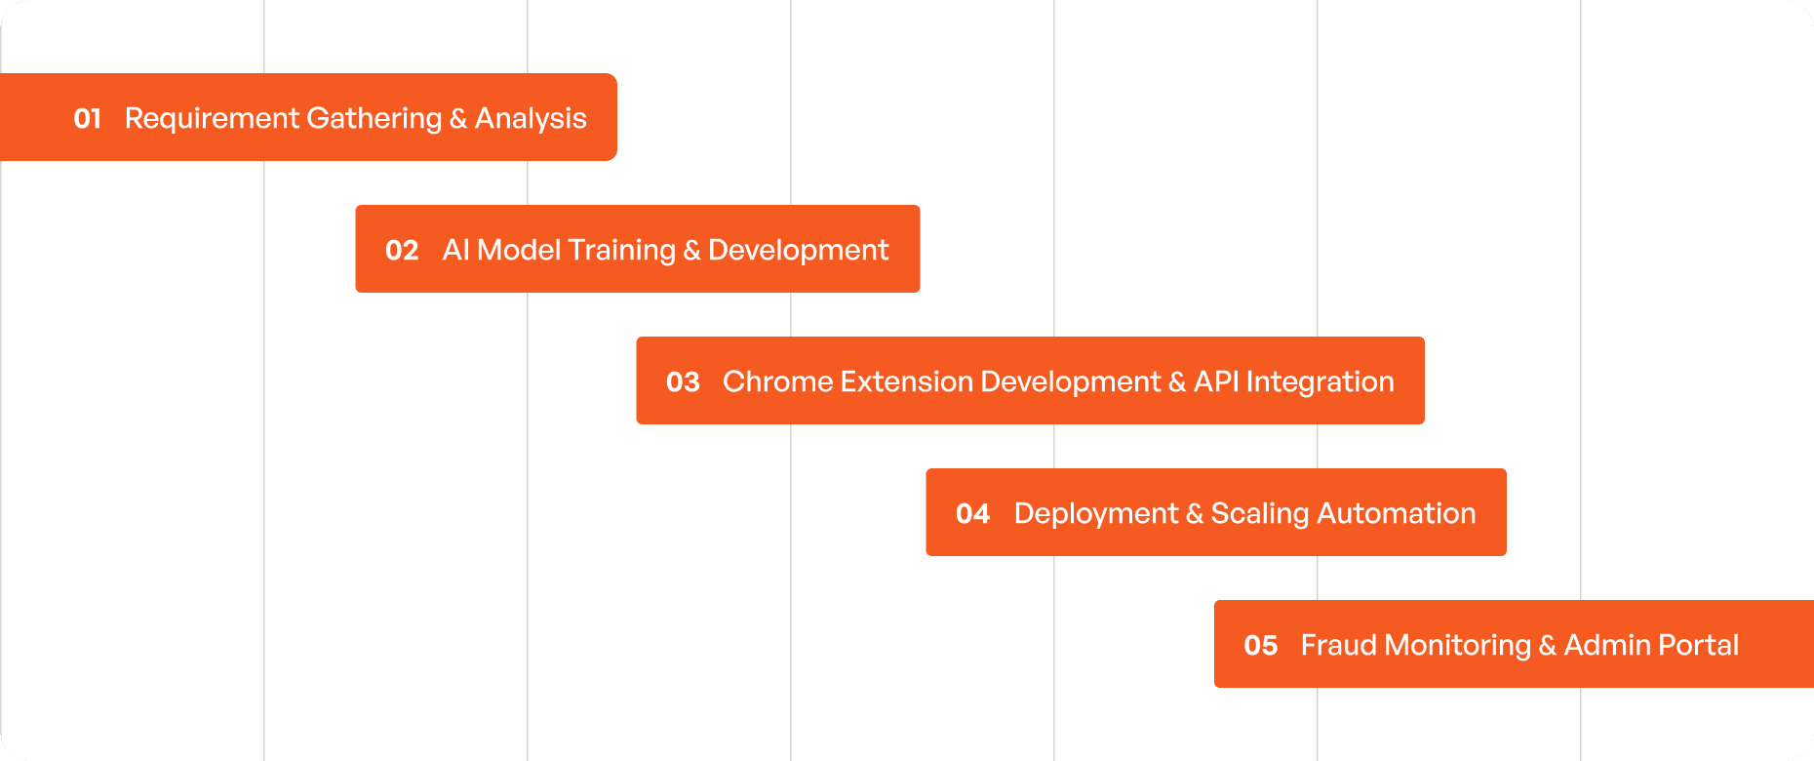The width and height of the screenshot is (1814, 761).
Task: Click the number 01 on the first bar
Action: pos(88,119)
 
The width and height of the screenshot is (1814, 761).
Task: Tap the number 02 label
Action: pos(402,251)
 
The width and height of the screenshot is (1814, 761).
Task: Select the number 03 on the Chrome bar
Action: pos(683,382)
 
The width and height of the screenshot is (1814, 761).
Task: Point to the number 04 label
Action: pos(973,514)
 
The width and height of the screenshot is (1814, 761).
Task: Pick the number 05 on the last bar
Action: pos(1261,646)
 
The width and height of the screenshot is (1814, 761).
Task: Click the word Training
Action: pos(621,251)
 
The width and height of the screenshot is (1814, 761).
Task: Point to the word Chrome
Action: pos(777,381)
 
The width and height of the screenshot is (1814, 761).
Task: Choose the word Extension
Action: pos(906,381)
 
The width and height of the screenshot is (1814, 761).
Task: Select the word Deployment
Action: pos(1096,514)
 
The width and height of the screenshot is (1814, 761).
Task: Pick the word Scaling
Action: pos(1259,514)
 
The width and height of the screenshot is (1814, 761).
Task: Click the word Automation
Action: pos(1397,513)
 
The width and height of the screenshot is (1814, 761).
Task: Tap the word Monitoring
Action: pos(1457,646)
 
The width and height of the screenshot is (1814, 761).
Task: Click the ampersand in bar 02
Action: pos(692,251)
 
